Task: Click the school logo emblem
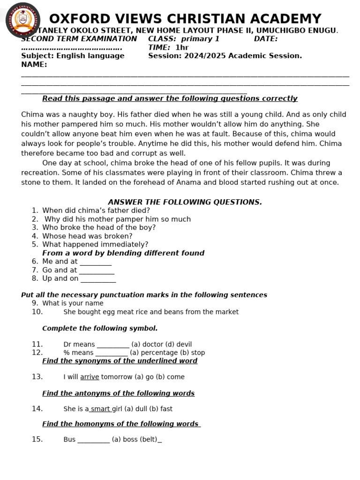(x=22, y=20)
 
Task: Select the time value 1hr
(x=182, y=47)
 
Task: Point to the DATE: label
(x=265, y=39)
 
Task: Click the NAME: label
(x=34, y=64)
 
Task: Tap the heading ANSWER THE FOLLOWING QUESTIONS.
(x=185, y=202)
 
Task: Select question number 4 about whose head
(x=87, y=236)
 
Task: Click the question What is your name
(x=73, y=303)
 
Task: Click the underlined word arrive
(x=90, y=377)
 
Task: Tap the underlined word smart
(x=100, y=409)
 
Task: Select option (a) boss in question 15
(x=123, y=440)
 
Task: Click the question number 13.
(x=37, y=377)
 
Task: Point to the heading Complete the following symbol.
(x=100, y=328)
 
